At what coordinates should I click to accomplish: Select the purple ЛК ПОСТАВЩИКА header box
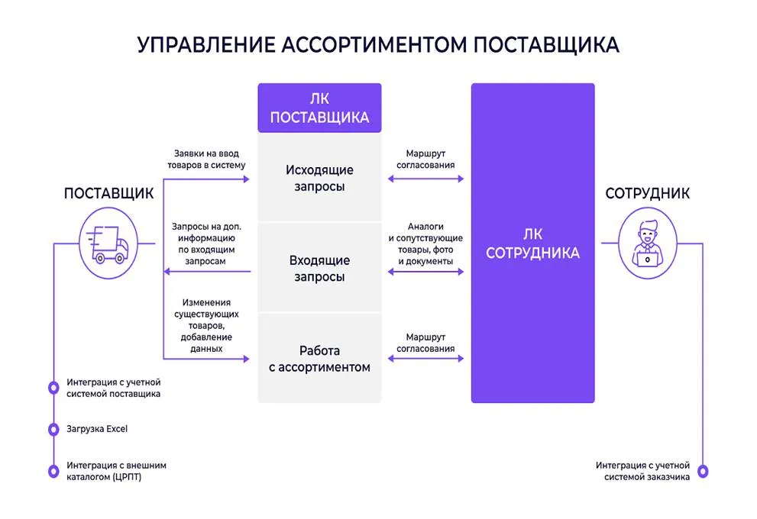pos(319,108)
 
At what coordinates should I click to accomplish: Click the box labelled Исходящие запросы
pos(319,178)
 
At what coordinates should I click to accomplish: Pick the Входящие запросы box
pos(319,269)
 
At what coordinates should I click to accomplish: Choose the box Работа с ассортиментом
pos(319,359)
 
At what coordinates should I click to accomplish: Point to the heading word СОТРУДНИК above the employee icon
pos(647,193)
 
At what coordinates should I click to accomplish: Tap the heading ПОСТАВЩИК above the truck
pos(108,193)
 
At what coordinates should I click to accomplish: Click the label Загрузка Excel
pos(97,429)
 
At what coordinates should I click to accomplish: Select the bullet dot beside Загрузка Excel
pos(53,430)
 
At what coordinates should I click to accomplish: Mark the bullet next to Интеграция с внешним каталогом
pos(53,471)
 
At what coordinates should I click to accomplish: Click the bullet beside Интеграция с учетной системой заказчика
pos(704,471)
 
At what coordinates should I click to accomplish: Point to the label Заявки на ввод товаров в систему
pos(207,159)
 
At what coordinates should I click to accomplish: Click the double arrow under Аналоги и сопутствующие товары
pos(425,271)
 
